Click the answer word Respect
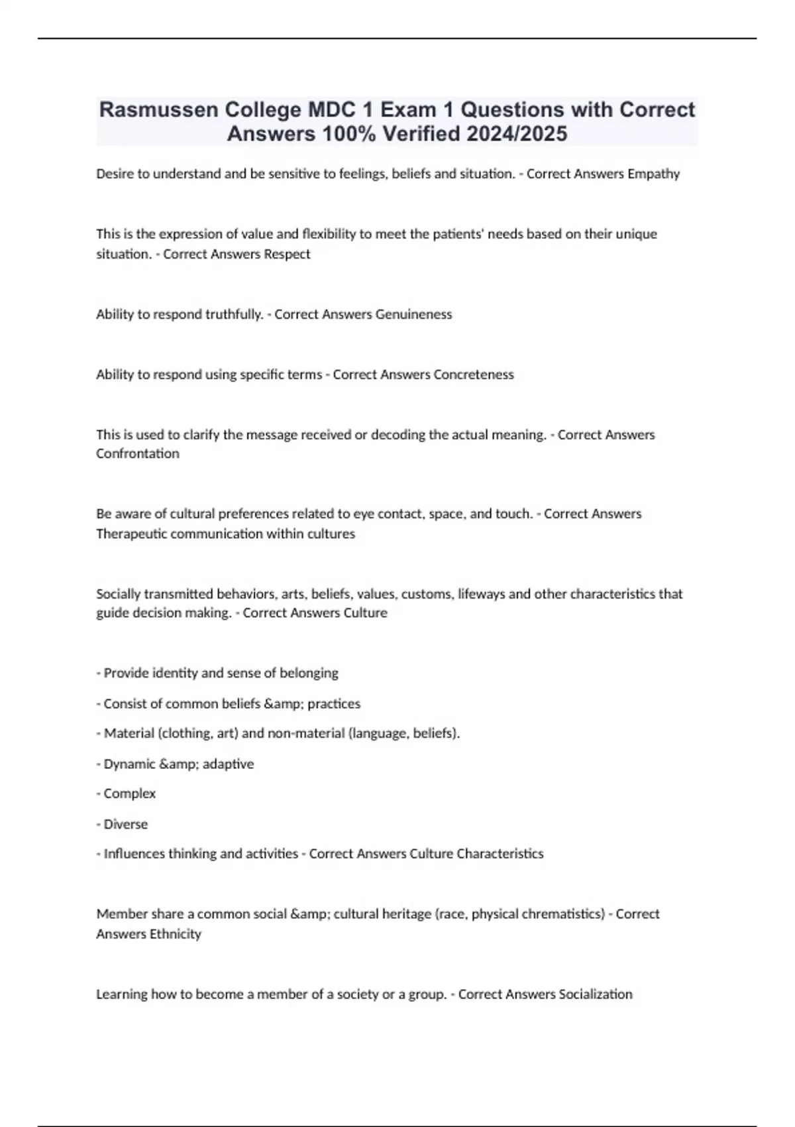click(x=287, y=254)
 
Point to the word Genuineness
click(x=413, y=314)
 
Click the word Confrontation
click(x=138, y=453)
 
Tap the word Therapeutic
click(x=131, y=534)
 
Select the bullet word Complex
click(x=129, y=794)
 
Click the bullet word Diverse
click(x=125, y=824)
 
